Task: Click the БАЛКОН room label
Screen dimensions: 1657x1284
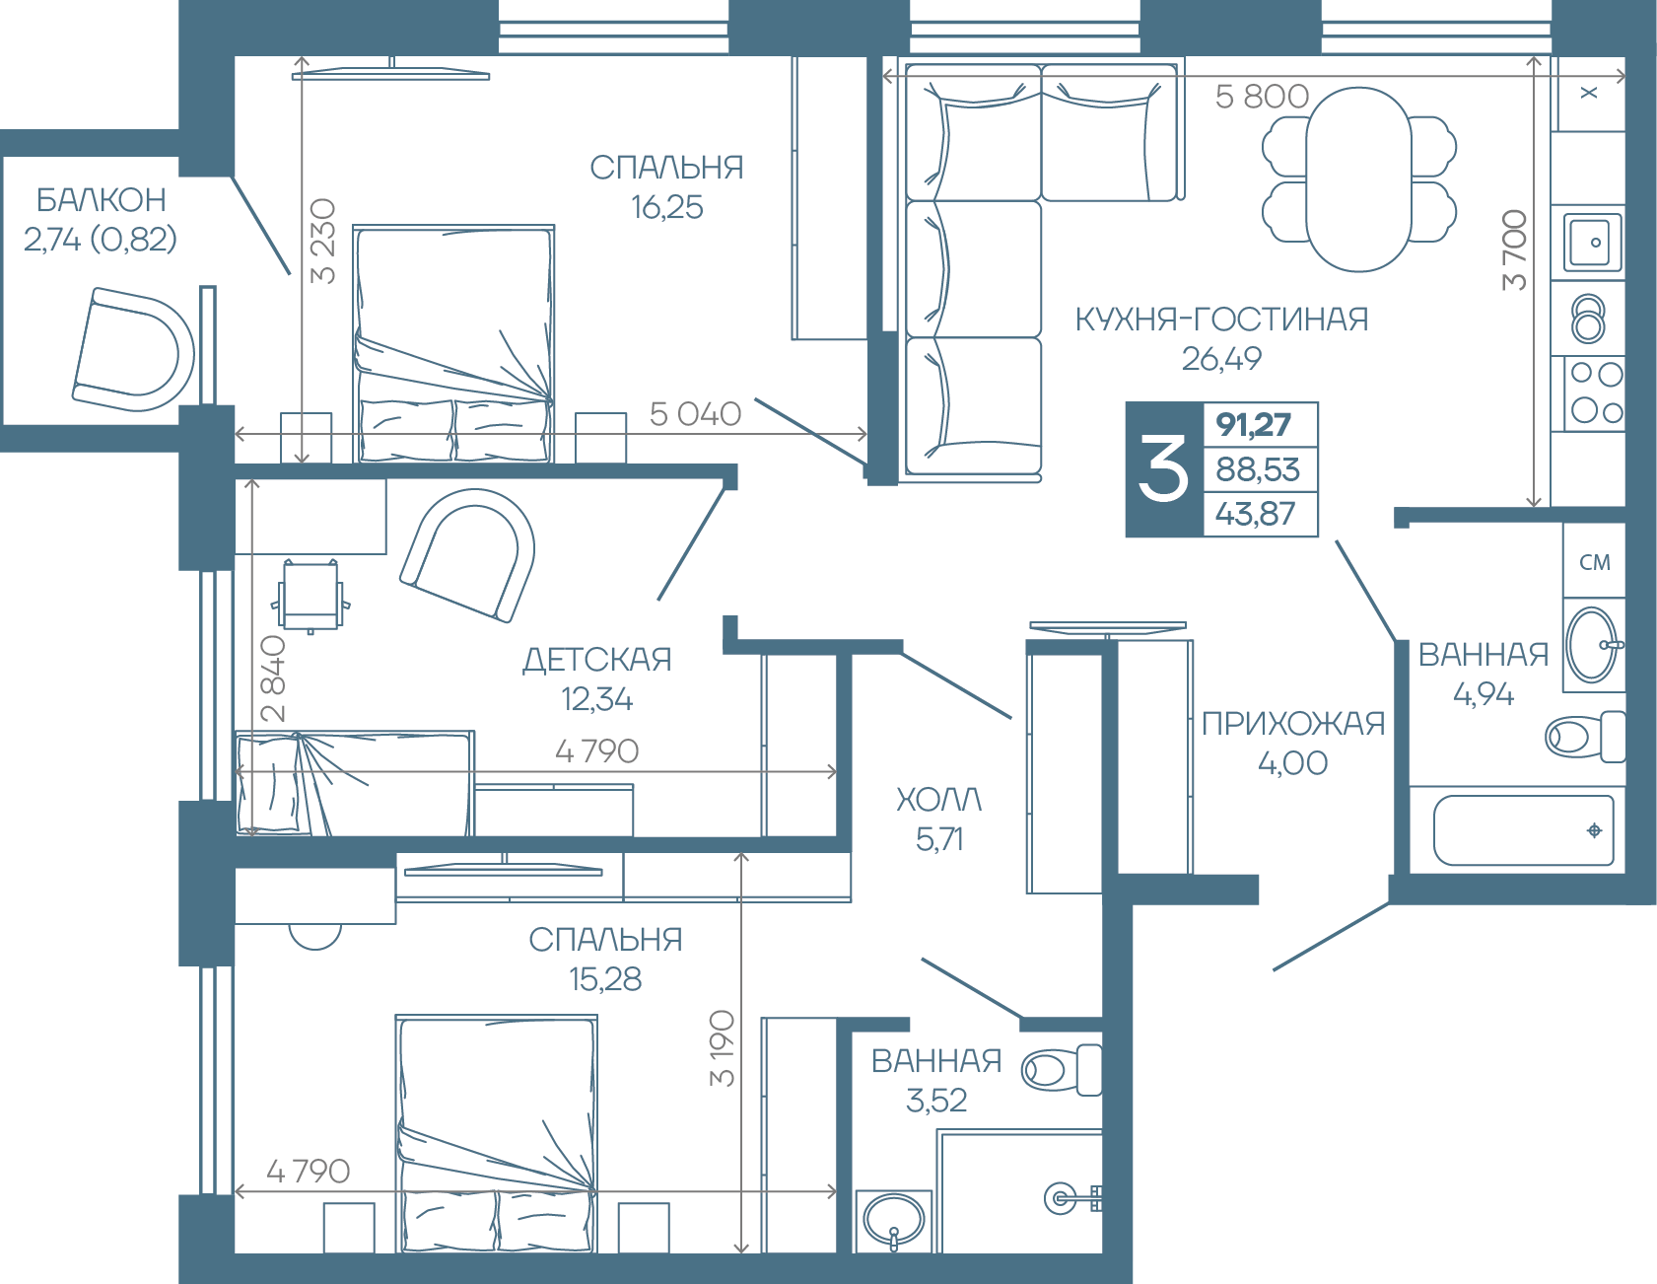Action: [102, 200]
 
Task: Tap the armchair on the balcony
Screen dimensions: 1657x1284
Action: [133, 350]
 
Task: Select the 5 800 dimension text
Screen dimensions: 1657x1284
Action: [1262, 97]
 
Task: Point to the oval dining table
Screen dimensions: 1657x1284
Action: [1359, 179]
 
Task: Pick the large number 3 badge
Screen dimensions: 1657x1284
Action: [1164, 469]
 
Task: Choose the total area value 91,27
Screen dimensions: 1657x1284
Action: [1253, 425]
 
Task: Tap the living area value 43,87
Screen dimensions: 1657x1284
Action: [1255, 514]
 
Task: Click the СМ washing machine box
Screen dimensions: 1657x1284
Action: [1594, 561]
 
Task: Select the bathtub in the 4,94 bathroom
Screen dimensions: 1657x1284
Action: [1522, 830]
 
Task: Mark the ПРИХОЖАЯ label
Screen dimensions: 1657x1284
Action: [1293, 724]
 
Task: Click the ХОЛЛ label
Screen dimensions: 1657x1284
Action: [939, 800]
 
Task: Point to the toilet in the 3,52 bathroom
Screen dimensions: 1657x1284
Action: [1063, 1069]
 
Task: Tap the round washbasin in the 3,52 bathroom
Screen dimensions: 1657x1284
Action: [894, 1220]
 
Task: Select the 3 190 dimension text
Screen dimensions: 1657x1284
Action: [723, 1048]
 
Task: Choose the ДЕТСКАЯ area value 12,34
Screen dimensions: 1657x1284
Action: [596, 699]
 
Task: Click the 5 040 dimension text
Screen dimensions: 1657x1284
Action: [695, 414]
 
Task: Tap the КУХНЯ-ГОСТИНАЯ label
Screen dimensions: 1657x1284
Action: [1221, 320]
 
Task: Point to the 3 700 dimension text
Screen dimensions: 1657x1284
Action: [1515, 250]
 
